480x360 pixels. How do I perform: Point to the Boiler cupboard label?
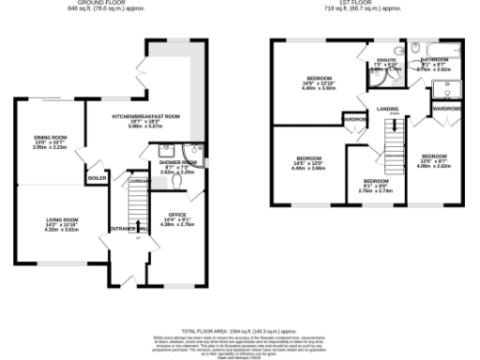97,176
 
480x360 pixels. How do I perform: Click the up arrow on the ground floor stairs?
138,226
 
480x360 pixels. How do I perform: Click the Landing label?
388,109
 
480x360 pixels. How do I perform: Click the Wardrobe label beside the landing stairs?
354,120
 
